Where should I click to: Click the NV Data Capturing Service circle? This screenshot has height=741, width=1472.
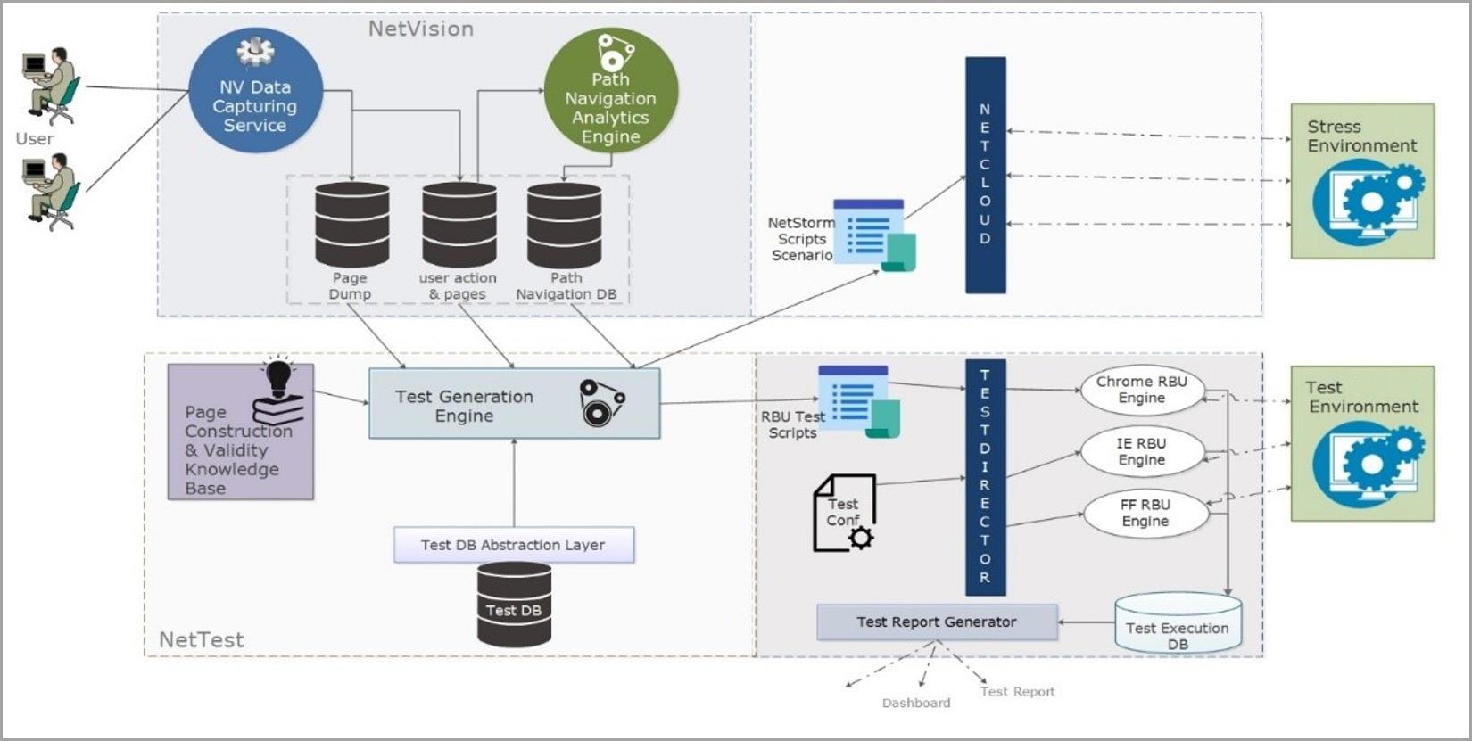point(256,91)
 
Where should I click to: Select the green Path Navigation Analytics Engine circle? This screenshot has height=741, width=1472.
point(611,91)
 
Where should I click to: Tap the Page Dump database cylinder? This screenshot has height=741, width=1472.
point(352,225)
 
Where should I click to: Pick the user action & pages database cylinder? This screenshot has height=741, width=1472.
point(459,225)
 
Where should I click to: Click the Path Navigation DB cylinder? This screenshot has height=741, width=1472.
point(565,225)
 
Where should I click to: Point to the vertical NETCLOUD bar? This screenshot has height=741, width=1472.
point(986,175)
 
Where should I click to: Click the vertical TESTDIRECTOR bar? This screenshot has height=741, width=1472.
point(986,477)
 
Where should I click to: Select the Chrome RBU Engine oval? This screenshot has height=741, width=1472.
point(1142,390)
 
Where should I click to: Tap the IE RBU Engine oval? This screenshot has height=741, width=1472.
point(1142,452)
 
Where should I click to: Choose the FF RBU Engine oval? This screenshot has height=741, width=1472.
point(1145,513)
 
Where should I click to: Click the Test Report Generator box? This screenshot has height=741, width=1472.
point(937,622)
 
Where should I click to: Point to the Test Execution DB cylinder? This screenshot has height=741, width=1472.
point(1178,622)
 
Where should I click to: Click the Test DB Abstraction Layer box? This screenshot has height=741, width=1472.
point(514,545)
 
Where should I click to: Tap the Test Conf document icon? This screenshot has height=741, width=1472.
point(845,513)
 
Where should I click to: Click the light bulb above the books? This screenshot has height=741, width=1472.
point(278,377)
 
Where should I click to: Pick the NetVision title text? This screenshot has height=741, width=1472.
point(420,29)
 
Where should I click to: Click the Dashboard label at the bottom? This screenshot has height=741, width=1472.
point(916,703)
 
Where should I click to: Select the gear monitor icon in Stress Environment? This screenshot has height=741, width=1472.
point(1369,204)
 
